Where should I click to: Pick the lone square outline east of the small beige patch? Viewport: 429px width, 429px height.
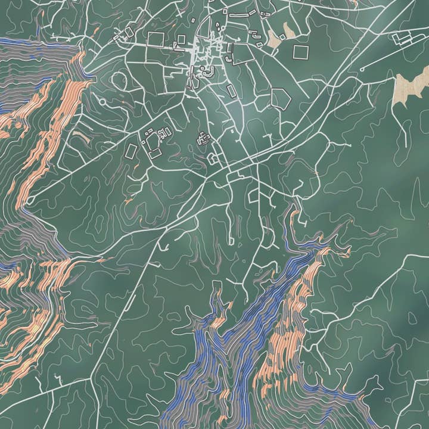pos(301,52)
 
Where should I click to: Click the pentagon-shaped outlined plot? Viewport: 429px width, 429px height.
pos(280,97)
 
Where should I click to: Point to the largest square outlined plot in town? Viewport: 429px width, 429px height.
pos(156,39)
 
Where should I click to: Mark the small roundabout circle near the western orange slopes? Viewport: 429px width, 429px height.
pos(29,201)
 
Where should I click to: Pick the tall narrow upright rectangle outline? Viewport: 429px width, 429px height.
pos(231,92)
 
